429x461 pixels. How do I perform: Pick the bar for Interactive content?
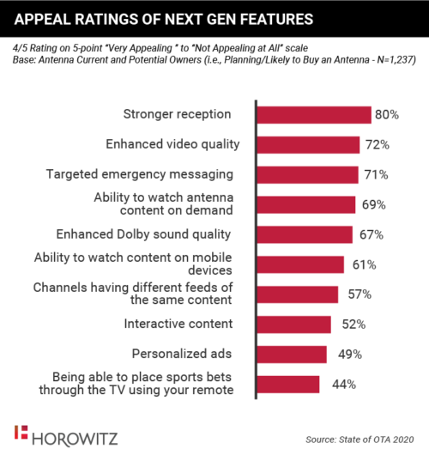coord(293,324)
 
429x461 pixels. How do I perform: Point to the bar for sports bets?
coord(288,384)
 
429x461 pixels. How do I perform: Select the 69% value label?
coord(372,204)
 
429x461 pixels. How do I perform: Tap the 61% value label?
coord(360,264)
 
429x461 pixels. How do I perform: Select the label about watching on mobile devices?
coord(140,264)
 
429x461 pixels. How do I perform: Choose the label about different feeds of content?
coord(139,294)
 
